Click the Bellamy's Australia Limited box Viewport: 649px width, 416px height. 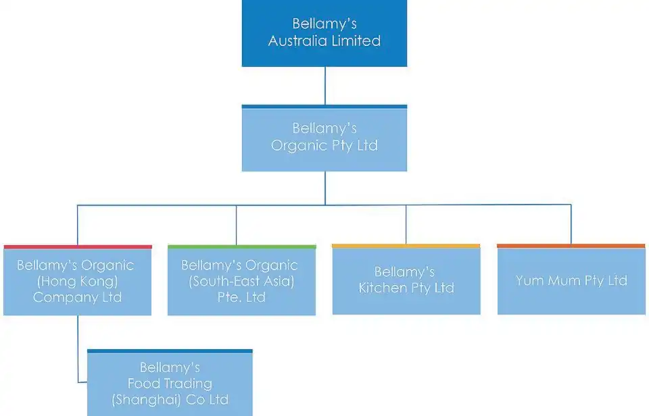(324, 33)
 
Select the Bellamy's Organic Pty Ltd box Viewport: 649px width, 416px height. (324, 138)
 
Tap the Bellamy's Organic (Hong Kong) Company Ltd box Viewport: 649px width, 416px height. (77, 281)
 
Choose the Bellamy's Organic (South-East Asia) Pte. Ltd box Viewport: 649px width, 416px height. (241, 281)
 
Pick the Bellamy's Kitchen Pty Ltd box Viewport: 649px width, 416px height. (406, 280)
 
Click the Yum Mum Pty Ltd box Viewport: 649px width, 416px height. (571, 281)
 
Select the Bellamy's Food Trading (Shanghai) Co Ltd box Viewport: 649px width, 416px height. (170, 384)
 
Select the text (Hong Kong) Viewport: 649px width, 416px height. (77, 281)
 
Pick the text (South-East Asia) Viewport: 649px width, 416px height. (241, 281)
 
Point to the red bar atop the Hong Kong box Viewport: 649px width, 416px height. (77, 247)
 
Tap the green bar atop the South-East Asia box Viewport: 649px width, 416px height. (241, 247)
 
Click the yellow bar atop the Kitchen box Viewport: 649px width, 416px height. (406, 246)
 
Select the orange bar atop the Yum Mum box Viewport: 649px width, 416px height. (571, 246)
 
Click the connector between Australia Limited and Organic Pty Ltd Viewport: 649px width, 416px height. (325, 86)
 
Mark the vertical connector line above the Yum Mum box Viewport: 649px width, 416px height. (571, 224)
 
